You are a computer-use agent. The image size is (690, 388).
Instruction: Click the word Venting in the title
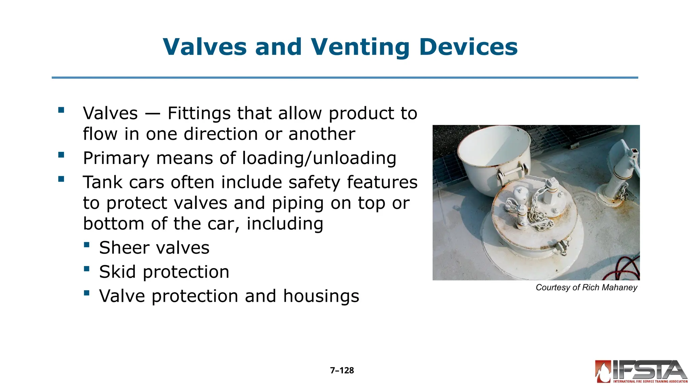point(359,47)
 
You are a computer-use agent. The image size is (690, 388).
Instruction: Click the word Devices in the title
point(468,47)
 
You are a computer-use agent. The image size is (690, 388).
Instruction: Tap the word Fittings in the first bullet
point(199,113)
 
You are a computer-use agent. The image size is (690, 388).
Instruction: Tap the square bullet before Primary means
point(61,155)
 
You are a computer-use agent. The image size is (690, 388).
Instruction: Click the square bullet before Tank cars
point(61,179)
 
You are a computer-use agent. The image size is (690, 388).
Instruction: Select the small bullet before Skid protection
point(87,269)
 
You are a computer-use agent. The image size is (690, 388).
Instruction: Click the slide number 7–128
point(342,370)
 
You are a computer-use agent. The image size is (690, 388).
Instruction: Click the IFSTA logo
point(641,371)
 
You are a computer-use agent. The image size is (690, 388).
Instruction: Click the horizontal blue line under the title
point(345,78)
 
